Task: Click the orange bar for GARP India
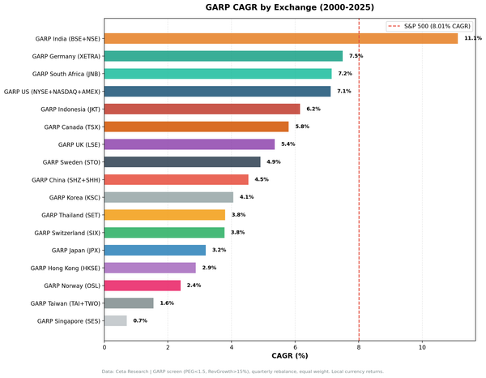click(x=281, y=38)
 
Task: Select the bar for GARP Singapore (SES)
click(x=116, y=320)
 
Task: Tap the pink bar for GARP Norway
click(x=143, y=286)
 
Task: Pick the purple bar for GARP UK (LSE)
click(x=190, y=144)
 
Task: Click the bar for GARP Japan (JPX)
click(x=155, y=250)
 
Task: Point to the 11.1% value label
click(x=473, y=38)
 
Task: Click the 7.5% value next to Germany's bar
click(x=356, y=56)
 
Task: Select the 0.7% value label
click(x=140, y=320)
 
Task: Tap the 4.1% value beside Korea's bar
click(x=246, y=197)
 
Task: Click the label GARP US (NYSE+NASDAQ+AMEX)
click(x=52, y=92)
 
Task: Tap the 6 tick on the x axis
click(x=295, y=346)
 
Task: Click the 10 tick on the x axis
click(x=422, y=346)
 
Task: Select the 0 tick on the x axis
click(x=104, y=346)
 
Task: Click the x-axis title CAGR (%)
click(x=289, y=356)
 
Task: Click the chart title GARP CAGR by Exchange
click(x=289, y=9)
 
